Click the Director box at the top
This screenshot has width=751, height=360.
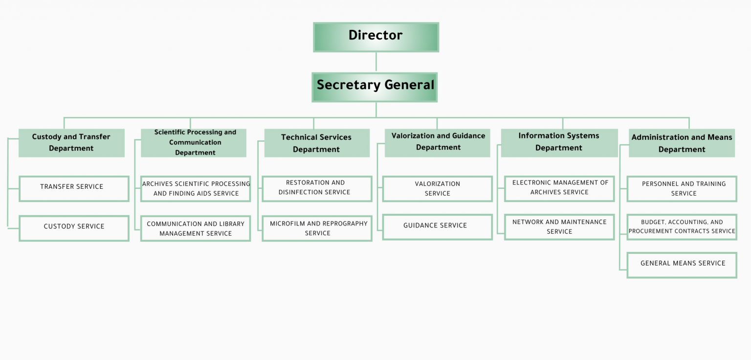click(375, 37)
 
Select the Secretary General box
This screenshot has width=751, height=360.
click(375, 87)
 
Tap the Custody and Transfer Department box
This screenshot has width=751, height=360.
click(71, 143)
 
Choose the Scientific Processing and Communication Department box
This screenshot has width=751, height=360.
click(194, 143)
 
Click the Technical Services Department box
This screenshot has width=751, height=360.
click(317, 143)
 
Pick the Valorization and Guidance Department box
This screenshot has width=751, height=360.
click(438, 142)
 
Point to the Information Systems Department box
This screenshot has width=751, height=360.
click(559, 142)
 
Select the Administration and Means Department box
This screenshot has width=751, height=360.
click(682, 143)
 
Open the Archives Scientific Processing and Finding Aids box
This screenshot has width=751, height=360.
click(196, 189)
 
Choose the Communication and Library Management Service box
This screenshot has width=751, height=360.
click(196, 228)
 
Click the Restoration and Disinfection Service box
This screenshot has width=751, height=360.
click(317, 188)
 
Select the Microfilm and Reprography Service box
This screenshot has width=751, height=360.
click(317, 228)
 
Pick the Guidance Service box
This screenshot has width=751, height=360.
click(437, 227)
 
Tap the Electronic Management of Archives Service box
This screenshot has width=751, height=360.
click(559, 188)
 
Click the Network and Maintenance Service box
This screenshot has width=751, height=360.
click(559, 227)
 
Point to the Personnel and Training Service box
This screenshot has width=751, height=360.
click(682, 189)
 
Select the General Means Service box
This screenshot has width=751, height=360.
click(682, 265)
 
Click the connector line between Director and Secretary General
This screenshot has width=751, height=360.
click(375, 62)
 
